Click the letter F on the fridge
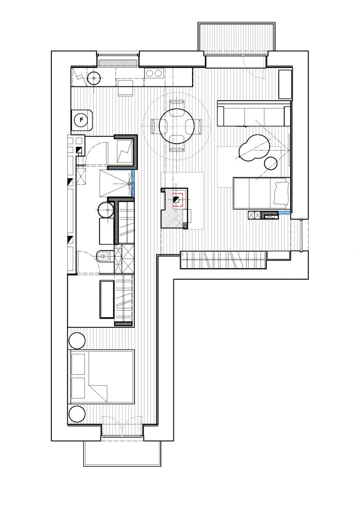pyautogui.click(x=82, y=120)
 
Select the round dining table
pyautogui.click(x=177, y=125)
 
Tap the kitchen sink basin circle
pyautogui.click(x=94, y=78)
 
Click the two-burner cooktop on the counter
pyautogui.click(x=154, y=73)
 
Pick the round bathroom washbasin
pyautogui.click(x=106, y=210)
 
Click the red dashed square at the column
pyautogui.click(x=178, y=200)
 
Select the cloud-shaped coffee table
pyautogui.click(x=254, y=148)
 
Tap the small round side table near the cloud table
pyautogui.click(x=271, y=163)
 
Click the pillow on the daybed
pyautogui.click(x=281, y=193)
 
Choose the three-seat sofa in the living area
pyautogui.click(x=254, y=113)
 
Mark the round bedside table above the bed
pyautogui.click(x=77, y=341)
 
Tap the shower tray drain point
pyautogui.click(x=129, y=184)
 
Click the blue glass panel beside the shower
pyautogui.click(x=133, y=184)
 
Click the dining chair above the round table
pyautogui.click(x=177, y=105)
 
